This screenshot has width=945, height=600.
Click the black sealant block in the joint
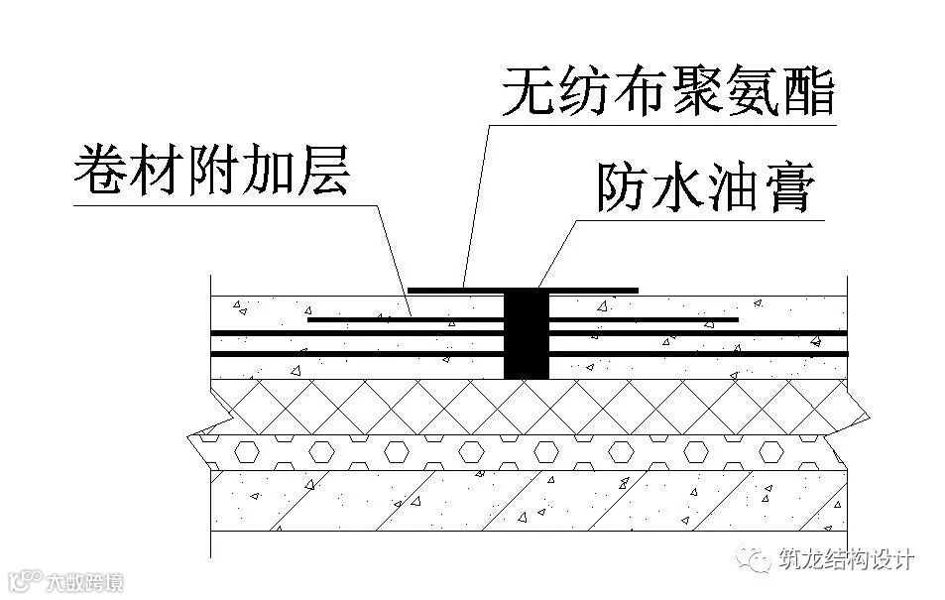click(x=526, y=334)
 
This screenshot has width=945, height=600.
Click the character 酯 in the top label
click(x=809, y=91)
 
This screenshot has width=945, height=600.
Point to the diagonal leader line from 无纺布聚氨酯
click(x=476, y=198)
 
